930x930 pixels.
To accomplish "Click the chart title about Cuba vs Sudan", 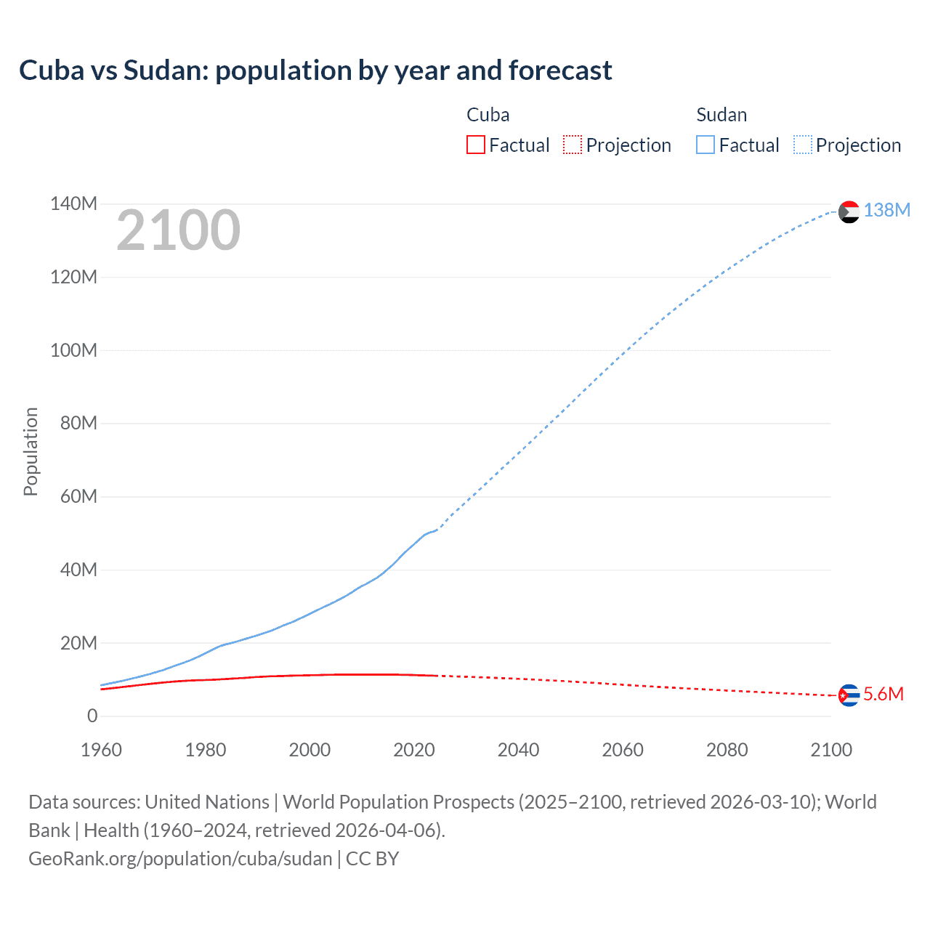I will coord(315,70).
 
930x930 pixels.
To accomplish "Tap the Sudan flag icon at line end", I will coord(849,211).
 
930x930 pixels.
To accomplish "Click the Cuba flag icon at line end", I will coord(849,695).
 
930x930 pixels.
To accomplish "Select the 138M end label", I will coord(886,210).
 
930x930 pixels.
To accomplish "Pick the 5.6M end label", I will coord(883,694).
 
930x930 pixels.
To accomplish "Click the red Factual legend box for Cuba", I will coord(476,145).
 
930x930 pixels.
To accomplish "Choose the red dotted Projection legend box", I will coord(573,145).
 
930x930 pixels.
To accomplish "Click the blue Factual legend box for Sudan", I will coord(705,145).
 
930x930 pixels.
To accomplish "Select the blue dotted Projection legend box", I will coord(803,145).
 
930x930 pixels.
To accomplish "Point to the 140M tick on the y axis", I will coord(73,203).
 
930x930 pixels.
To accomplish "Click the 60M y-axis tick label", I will coord(78,496).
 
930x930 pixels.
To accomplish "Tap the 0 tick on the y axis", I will coord(92,716).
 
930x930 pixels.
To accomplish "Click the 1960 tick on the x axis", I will coord(101,750).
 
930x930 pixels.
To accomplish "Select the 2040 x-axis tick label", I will coord(518,750).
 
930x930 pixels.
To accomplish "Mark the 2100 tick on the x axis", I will coord(831,750).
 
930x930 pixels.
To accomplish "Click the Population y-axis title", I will coord(31,451).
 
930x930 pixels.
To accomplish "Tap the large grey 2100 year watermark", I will coord(178,230).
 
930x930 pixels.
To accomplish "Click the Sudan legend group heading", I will coord(721,115).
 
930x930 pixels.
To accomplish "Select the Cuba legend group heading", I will coord(488,115).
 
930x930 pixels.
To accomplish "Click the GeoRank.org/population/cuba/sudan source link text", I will coord(180,859).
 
